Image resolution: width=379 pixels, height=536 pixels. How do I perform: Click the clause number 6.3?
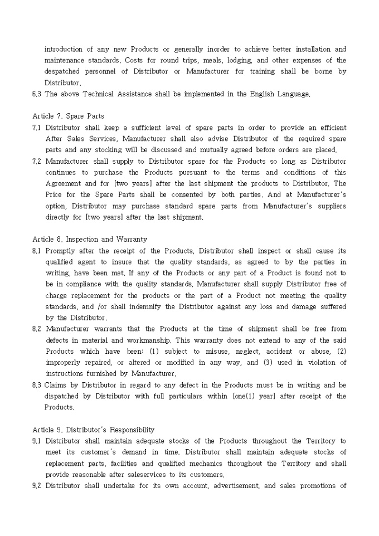pyautogui.click(x=37, y=94)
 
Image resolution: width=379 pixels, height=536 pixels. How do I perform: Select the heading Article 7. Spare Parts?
pyautogui.click(x=68, y=116)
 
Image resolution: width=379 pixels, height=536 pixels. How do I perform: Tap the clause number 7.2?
pyautogui.click(x=37, y=162)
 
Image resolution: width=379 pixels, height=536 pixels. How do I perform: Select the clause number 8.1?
pyautogui.click(x=37, y=251)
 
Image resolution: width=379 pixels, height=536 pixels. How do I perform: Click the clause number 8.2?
pyautogui.click(x=37, y=329)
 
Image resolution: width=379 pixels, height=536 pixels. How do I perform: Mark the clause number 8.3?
pyautogui.click(x=37, y=385)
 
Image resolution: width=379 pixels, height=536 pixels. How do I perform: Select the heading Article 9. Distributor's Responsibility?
pyautogui.click(x=93, y=430)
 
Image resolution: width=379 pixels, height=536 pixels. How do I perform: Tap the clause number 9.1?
pyautogui.click(x=37, y=441)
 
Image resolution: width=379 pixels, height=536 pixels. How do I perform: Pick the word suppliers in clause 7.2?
pyautogui.click(x=331, y=206)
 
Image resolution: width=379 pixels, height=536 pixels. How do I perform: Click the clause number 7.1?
pyautogui.click(x=37, y=128)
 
